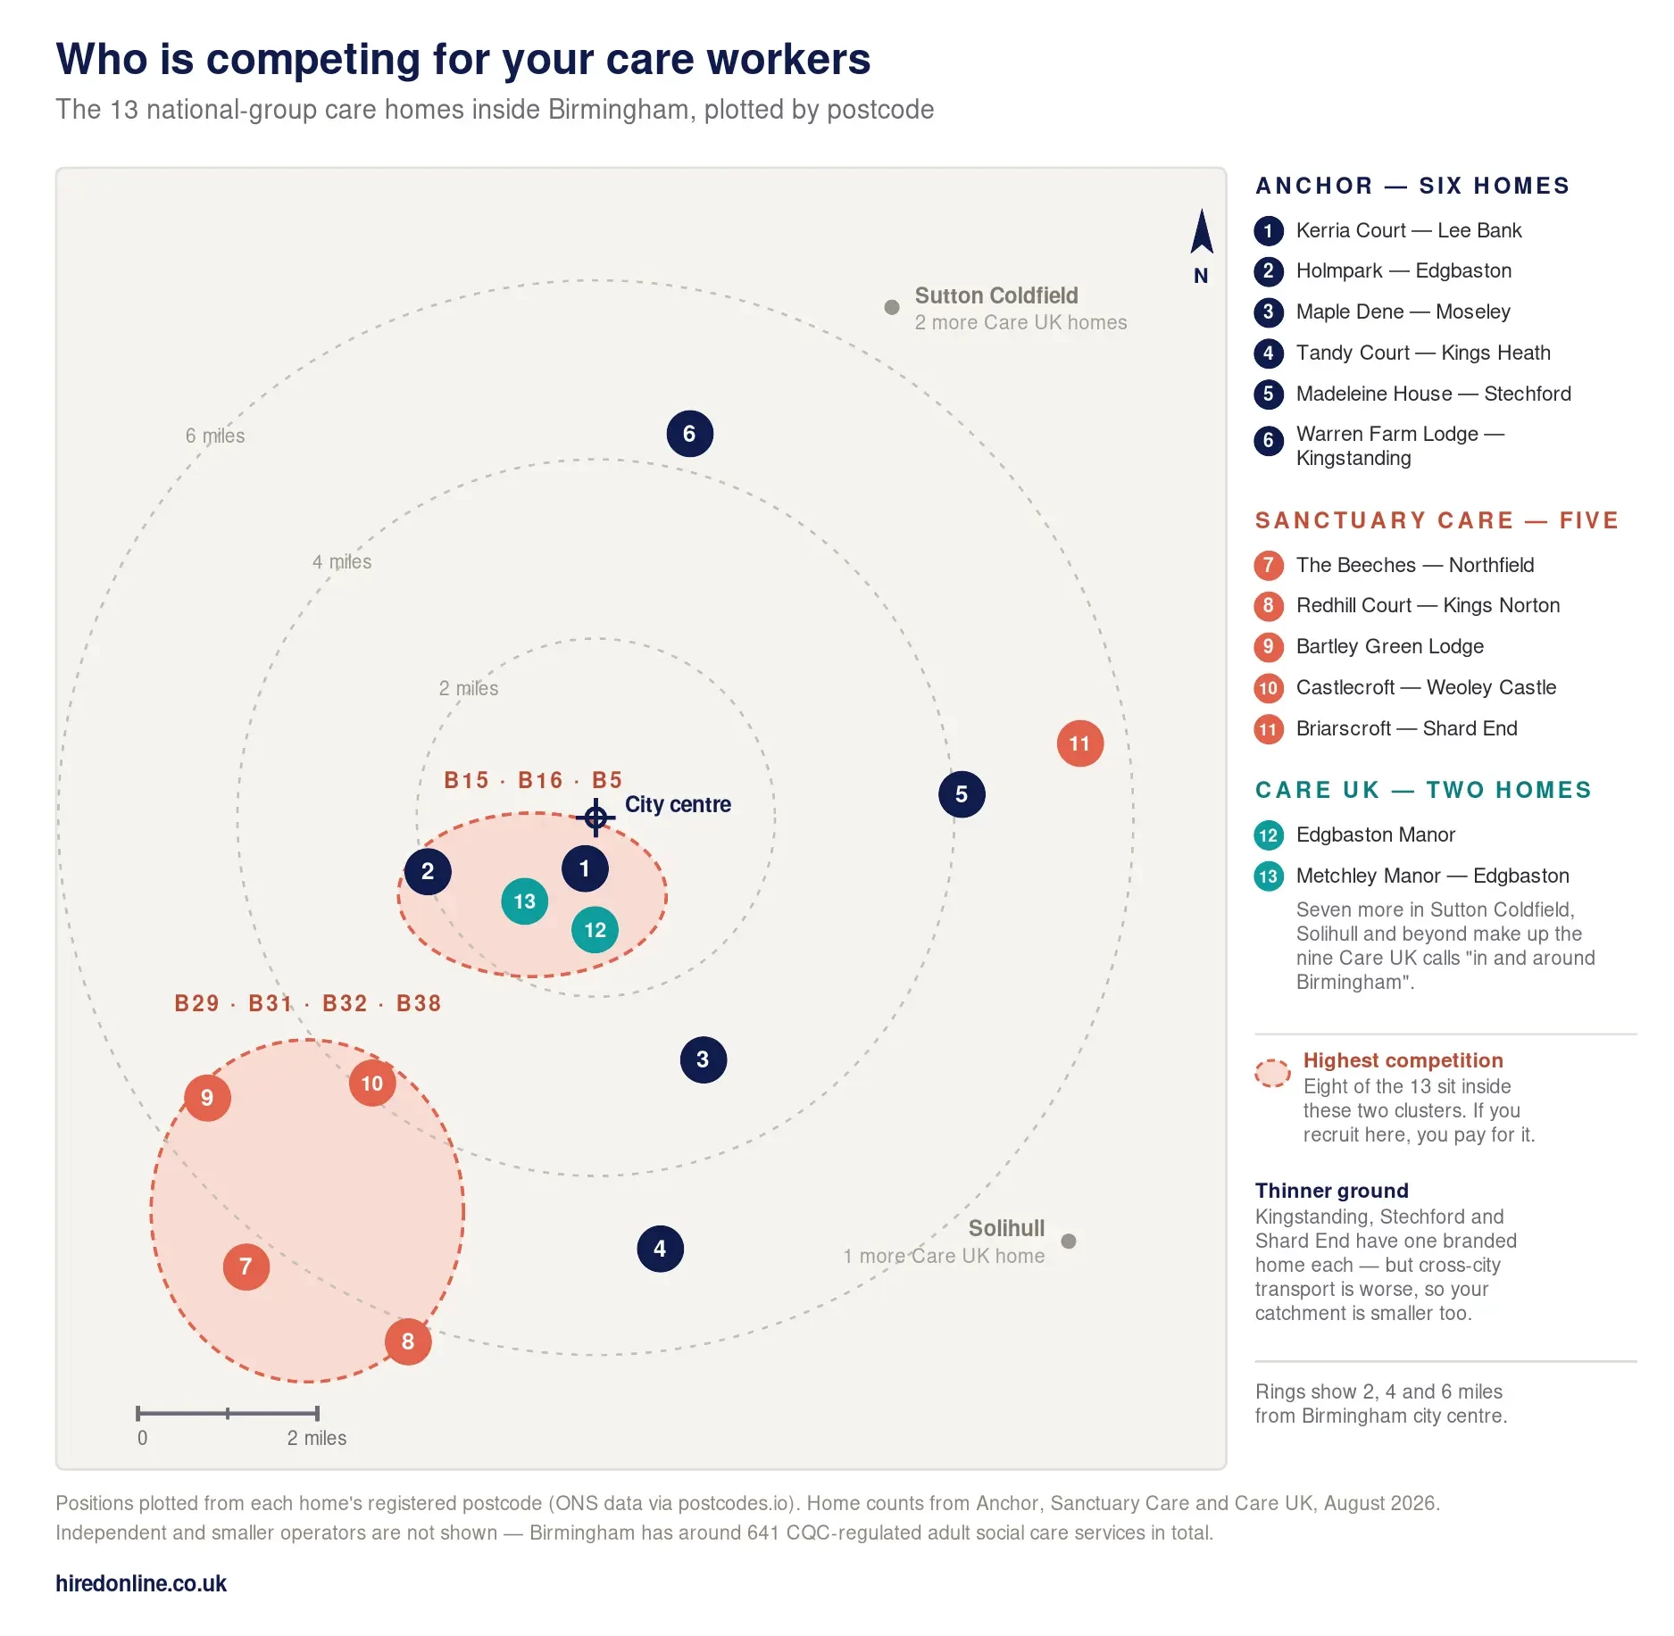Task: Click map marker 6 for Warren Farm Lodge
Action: click(x=689, y=434)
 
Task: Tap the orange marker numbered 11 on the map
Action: click(x=1079, y=743)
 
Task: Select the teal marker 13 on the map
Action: click(x=524, y=901)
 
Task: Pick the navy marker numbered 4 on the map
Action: click(x=660, y=1249)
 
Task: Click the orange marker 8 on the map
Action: click(x=408, y=1341)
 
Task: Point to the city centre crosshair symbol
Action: click(x=595, y=817)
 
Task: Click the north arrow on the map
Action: click(x=1202, y=231)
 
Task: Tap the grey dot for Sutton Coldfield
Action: click(x=891, y=307)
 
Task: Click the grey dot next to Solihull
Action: click(x=1068, y=1241)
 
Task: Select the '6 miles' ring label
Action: click(x=215, y=436)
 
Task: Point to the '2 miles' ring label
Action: click(x=469, y=688)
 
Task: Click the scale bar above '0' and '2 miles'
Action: click(x=227, y=1413)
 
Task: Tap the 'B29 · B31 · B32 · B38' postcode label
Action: click(x=308, y=1003)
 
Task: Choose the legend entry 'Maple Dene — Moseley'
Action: click(x=1403, y=311)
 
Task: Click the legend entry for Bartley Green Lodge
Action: click(x=1390, y=646)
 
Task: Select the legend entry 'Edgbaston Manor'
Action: click(x=1376, y=835)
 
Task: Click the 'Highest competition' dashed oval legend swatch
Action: click(x=1272, y=1073)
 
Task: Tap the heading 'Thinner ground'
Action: click(x=1331, y=1191)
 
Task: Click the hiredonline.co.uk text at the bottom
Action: click(x=141, y=1583)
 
